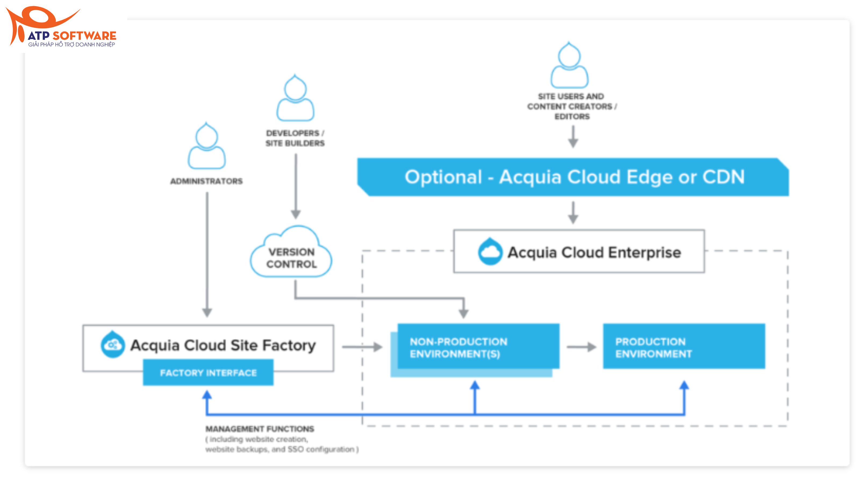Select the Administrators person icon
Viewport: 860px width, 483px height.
207,147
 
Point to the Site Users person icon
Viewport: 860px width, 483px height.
569,66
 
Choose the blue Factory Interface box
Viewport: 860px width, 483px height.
208,372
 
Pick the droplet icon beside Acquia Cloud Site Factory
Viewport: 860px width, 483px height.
113,344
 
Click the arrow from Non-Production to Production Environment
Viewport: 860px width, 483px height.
581,347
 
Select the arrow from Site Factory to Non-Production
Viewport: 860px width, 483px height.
362,347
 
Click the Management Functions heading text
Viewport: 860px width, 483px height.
260,429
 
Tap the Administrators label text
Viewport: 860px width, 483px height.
206,181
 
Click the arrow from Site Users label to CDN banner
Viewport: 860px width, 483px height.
573,137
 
